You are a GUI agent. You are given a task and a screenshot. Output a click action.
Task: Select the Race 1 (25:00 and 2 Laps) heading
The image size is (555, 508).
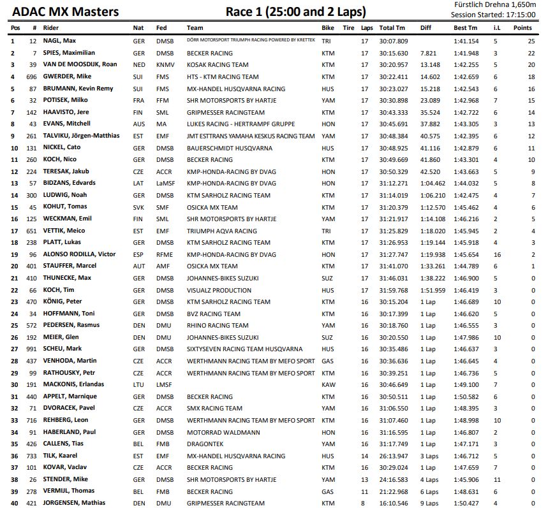[x=296, y=12]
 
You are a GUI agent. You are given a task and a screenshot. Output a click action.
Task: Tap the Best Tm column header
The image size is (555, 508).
[x=465, y=28]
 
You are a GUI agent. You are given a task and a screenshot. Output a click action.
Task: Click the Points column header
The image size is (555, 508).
[x=522, y=28]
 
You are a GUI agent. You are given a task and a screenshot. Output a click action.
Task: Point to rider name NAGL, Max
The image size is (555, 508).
[x=61, y=41]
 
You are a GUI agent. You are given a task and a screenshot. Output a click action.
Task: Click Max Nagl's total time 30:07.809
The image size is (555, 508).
[x=393, y=41]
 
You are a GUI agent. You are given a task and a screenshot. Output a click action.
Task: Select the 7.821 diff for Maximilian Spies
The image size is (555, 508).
[x=429, y=53]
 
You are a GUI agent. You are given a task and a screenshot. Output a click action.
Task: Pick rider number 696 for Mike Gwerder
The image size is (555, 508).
[x=32, y=76]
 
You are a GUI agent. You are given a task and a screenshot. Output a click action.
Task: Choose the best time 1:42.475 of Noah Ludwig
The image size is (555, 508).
[x=466, y=195]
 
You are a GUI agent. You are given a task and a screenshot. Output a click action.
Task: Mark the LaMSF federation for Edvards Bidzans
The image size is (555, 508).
[x=165, y=184]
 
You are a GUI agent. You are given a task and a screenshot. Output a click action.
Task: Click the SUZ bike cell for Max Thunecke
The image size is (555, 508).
[x=328, y=278]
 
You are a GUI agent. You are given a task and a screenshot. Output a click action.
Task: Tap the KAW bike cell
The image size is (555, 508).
[x=328, y=384]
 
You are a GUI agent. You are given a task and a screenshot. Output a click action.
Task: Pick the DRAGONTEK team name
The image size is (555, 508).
[x=206, y=444]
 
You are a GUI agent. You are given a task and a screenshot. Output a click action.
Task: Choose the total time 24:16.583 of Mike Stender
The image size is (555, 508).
[x=393, y=479]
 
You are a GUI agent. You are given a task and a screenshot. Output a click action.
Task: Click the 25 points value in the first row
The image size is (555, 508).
[x=531, y=41]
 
